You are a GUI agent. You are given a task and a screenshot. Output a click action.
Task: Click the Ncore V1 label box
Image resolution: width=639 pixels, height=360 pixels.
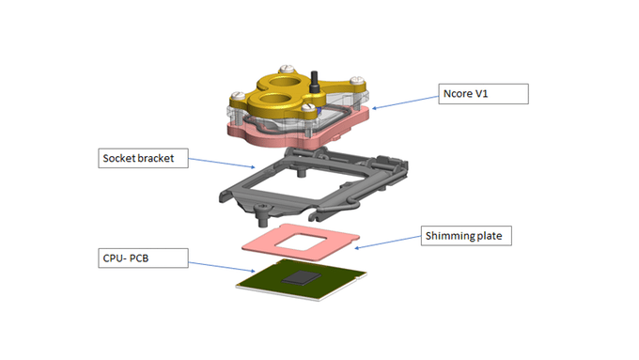483,94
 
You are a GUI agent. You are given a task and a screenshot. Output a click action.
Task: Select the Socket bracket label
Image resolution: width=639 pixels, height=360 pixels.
143,158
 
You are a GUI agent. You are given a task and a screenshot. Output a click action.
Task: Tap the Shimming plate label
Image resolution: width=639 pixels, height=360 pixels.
466,236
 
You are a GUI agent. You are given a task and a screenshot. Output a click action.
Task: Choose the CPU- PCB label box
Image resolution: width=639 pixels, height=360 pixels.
143,258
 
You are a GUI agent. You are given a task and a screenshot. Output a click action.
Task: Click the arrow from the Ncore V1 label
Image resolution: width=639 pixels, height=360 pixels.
405,102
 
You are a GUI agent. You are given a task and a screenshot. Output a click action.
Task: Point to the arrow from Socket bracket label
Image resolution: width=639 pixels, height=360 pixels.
222,163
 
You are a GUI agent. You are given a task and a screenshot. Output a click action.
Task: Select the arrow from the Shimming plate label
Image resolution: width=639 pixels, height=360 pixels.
387,242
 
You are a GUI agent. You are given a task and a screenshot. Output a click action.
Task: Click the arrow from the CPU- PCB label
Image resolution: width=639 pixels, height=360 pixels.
222,267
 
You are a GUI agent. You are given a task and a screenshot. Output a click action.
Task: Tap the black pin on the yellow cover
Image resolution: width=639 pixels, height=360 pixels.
314,82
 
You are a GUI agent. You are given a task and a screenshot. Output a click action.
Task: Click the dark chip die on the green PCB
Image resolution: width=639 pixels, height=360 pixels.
302,278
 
